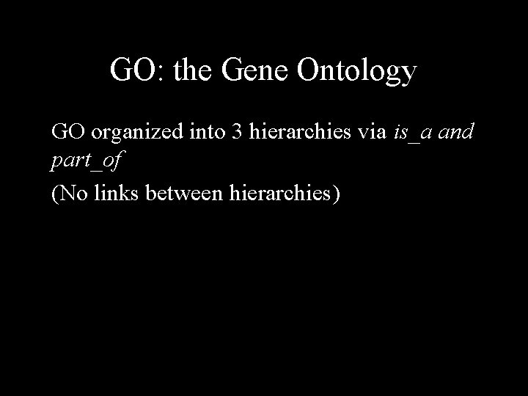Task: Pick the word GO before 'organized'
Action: [x=66, y=133]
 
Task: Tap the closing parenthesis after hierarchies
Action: [x=337, y=194]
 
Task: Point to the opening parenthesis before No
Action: [x=54, y=194]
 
